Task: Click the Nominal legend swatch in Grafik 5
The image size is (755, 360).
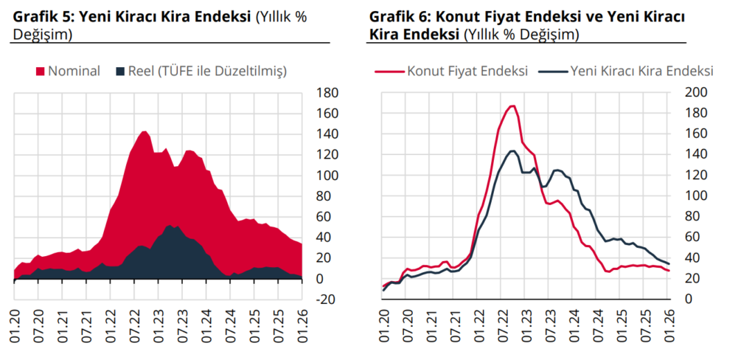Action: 41,72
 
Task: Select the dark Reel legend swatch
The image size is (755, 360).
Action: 121,72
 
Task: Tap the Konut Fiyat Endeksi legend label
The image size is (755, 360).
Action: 467,72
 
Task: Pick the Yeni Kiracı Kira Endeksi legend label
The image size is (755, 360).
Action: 641,72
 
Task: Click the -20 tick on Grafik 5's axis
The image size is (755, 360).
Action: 325,300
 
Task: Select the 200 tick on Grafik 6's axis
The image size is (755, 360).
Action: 697,92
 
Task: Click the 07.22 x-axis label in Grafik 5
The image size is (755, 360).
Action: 134,329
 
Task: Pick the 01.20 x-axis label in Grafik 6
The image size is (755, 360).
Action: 385,329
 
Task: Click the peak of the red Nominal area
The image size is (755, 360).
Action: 145,131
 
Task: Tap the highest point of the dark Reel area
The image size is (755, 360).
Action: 170,226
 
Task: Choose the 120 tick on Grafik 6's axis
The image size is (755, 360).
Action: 697,175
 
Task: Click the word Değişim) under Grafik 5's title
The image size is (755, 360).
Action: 43,34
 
